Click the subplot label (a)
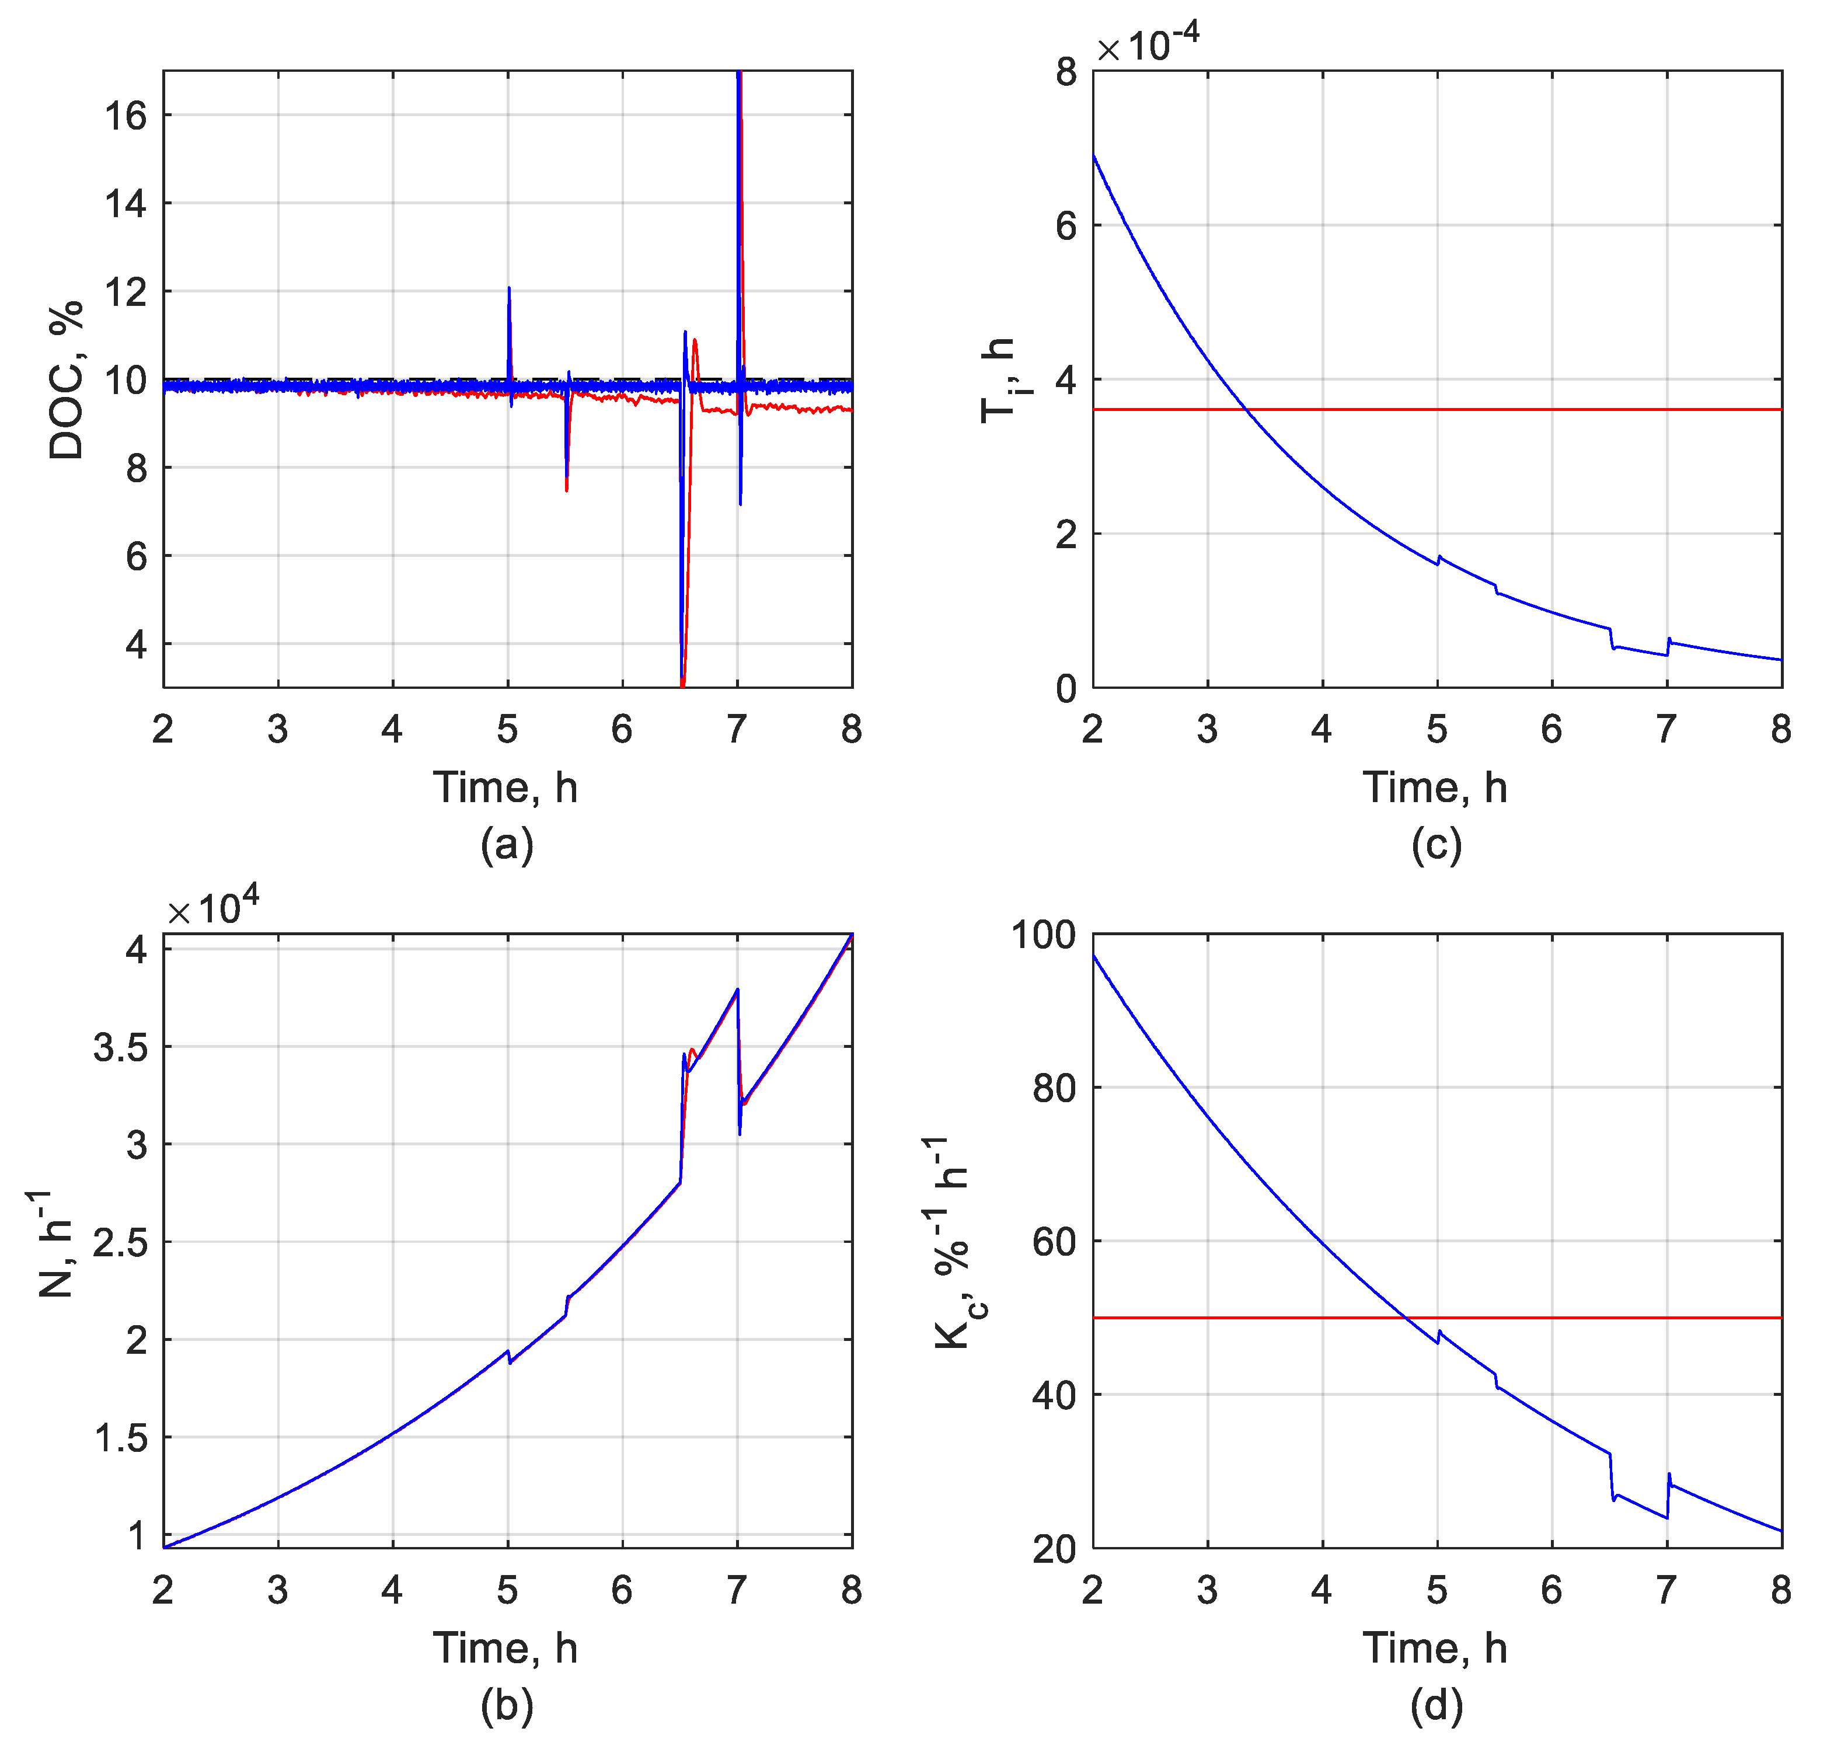pyautogui.click(x=506, y=844)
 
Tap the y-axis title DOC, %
pyautogui.click(x=67, y=380)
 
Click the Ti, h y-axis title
pyautogui.click(x=999, y=380)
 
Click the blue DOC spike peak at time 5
pyautogui.click(x=509, y=289)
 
